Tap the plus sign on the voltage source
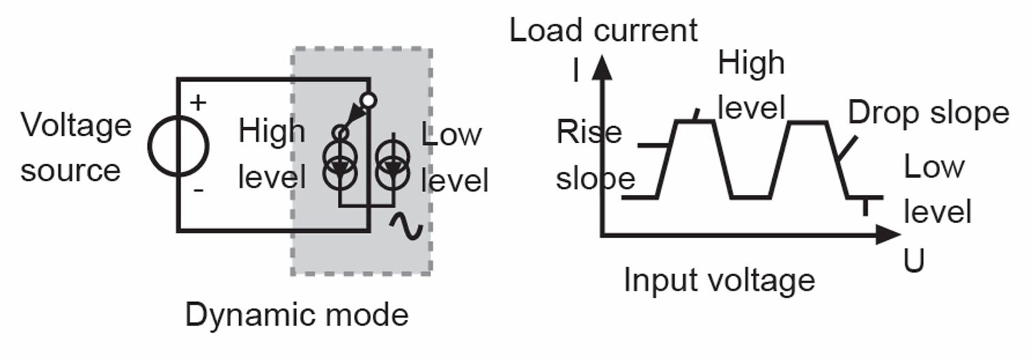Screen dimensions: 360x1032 pyautogui.click(x=198, y=104)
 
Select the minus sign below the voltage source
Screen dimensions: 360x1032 pyautogui.click(x=198, y=190)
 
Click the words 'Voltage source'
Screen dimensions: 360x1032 pyautogui.click(x=75, y=147)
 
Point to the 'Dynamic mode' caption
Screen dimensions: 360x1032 pyautogui.click(x=297, y=315)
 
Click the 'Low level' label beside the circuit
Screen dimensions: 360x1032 pyautogui.click(x=454, y=158)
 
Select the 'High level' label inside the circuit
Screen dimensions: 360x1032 pyautogui.click(x=271, y=154)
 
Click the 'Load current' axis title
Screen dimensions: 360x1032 pyautogui.click(x=604, y=31)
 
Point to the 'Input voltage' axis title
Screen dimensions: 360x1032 pyautogui.click(x=719, y=280)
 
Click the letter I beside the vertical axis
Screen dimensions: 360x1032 pyautogui.click(x=576, y=71)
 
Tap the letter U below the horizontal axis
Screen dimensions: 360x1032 pyautogui.click(x=913, y=261)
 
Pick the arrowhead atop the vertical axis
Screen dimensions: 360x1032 pyautogui.click(x=601, y=66)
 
